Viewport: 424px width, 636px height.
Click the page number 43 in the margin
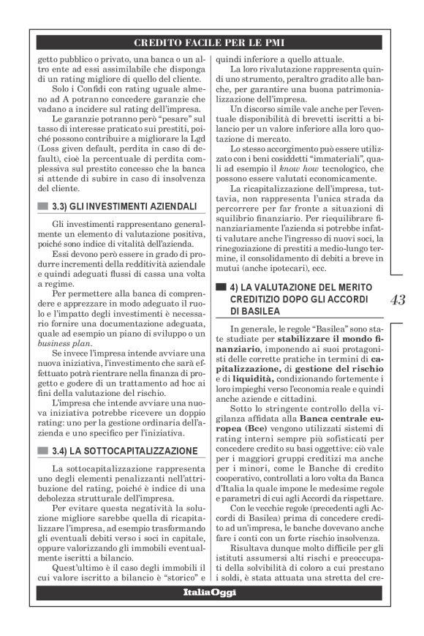click(x=399, y=299)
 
